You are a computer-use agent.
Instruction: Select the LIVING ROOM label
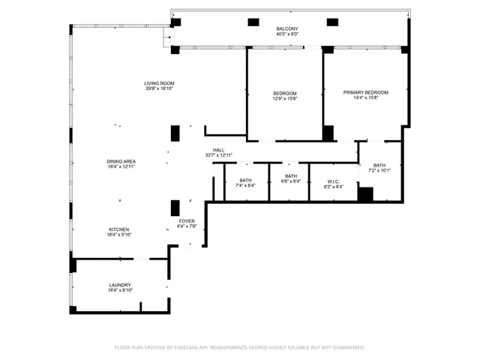click(160, 82)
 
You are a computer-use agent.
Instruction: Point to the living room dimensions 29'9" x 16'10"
click(160, 88)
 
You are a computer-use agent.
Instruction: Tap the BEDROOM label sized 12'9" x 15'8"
click(284, 93)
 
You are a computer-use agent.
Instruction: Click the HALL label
click(218, 150)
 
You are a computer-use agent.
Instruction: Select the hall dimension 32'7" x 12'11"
click(218, 156)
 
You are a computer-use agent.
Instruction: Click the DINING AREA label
click(120, 161)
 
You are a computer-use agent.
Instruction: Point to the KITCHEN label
click(119, 229)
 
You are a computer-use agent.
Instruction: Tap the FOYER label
click(186, 220)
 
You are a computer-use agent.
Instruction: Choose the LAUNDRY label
click(120, 285)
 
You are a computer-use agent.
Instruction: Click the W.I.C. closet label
click(334, 180)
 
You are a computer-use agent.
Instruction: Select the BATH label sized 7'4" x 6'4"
click(245, 180)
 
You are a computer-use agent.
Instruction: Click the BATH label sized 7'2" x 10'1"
click(379, 165)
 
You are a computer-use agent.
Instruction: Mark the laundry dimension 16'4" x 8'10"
click(120, 291)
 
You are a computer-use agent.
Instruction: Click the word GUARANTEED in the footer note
click(346, 348)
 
